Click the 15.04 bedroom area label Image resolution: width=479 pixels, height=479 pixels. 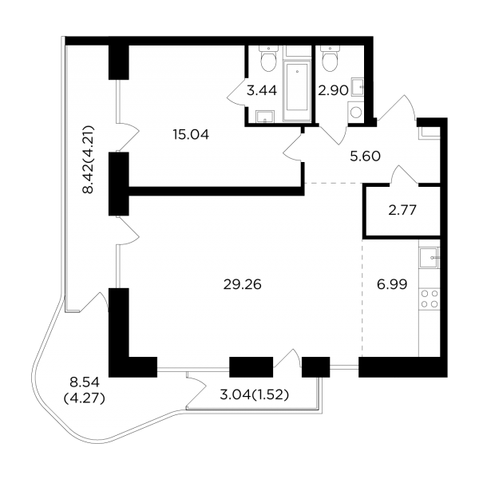[x=191, y=134]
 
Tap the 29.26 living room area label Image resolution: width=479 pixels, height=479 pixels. [x=243, y=285]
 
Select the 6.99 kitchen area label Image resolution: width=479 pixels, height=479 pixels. [x=392, y=285]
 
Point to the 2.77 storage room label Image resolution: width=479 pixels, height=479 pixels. [x=402, y=210]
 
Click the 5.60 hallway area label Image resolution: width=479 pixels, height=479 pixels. [x=365, y=156]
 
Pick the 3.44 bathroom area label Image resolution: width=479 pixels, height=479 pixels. [x=262, y=90]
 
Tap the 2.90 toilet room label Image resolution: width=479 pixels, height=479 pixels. [x=333, y=90]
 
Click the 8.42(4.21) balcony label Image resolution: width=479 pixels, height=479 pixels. [x=88, y=159]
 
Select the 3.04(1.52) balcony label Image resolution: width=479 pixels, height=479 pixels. [x=255, y=395]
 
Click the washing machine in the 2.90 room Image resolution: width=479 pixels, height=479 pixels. [x=356, y=113]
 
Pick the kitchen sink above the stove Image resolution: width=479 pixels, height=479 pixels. [x=430, y=258]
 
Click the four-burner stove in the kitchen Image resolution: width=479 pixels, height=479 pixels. [x=430, y=299]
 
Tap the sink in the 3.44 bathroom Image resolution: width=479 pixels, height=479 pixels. [x=265, y=117]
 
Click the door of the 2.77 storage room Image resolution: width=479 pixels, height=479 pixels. [x=404, y=175]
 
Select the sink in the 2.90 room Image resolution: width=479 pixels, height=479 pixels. [x=358, y=87]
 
